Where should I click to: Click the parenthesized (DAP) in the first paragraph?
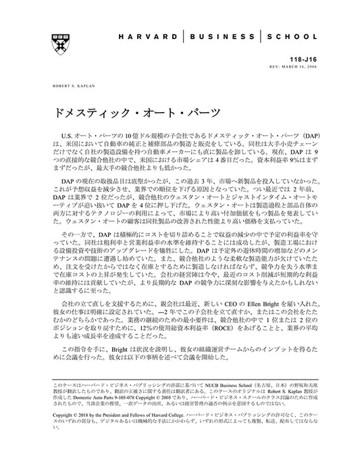(318, 135)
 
